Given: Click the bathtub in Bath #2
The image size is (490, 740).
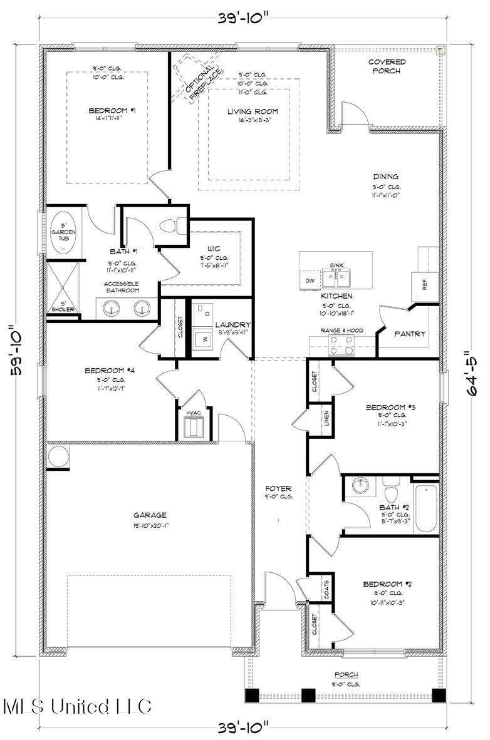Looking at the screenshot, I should [427, 508].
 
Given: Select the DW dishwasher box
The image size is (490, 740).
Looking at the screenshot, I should [310, 281].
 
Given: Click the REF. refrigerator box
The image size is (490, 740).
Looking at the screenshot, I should [424, 284].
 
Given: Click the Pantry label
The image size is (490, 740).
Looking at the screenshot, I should [410, 334].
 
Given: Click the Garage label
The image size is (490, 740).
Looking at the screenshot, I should [150, 515].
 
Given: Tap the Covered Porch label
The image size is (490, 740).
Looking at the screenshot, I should [387, 66].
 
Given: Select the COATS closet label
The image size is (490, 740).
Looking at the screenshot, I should [327, 589].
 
